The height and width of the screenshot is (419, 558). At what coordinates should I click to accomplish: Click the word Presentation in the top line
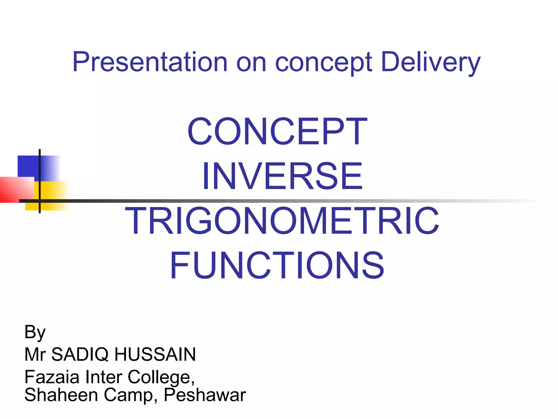(x=150, y=62)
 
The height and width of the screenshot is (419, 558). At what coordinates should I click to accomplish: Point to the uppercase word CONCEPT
(x=277, y=131)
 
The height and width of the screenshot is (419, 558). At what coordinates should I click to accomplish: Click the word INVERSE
(x=282, y=176)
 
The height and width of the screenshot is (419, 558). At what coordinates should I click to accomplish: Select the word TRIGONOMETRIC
(x=282, y=221)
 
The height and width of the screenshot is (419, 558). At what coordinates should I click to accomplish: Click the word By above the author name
(x=35, y=332)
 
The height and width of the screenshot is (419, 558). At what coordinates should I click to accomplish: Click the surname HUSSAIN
(x=155, y=354)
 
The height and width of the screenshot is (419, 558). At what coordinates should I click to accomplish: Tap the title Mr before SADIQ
(x=35, y=354)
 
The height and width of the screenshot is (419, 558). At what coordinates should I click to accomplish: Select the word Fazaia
(x=52, y=377)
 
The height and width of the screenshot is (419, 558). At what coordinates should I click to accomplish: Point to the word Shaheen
(x=61, y=395)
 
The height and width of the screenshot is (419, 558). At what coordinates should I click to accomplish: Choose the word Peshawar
(x=205, y=395)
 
